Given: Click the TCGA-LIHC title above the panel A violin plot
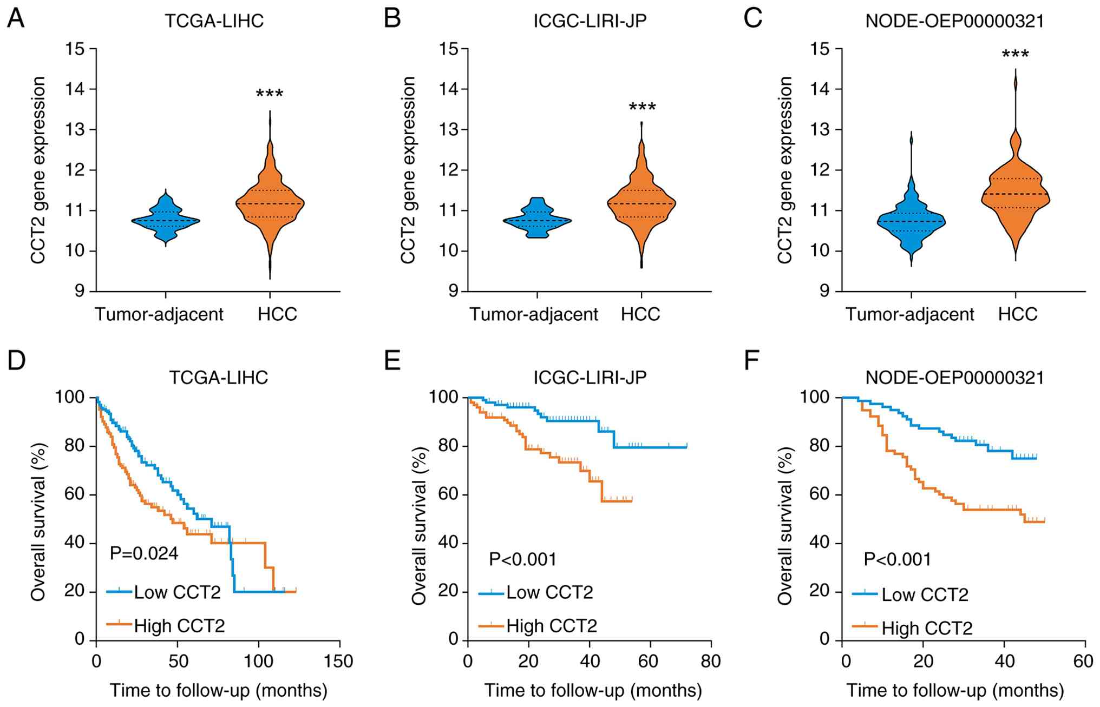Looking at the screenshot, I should click(x=214, y=21).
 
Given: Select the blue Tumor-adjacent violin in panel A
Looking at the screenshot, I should click(x=165, y=220).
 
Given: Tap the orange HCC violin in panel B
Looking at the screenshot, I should click(x=641, y=206).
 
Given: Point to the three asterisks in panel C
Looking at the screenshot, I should click(x=1015, y=55).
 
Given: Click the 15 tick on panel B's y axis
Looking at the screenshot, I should click(x=448, y=49).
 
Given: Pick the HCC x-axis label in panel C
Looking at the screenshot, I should click(x=1018, y=314).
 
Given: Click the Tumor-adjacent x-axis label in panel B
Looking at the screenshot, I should click(x=533, y=314).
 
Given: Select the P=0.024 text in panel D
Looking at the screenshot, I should click(x=144, y=553).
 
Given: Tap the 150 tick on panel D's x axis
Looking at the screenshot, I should click(x=340, y=662).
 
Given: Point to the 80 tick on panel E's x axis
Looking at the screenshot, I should click(x=710, y=662).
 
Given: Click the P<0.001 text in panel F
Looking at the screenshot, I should click(x=898, y=559).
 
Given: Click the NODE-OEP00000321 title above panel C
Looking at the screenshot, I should click(x=955, y=21).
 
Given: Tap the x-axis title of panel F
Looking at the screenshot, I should click(x=955, y=691).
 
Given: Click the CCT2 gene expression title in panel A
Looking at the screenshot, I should click(x=38, y=170).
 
